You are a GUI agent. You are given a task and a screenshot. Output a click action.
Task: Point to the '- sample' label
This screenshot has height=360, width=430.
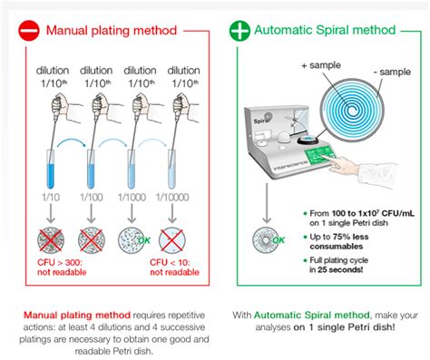(391, 70)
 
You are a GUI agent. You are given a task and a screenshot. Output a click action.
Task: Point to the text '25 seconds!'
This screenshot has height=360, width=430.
(340, 272)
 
